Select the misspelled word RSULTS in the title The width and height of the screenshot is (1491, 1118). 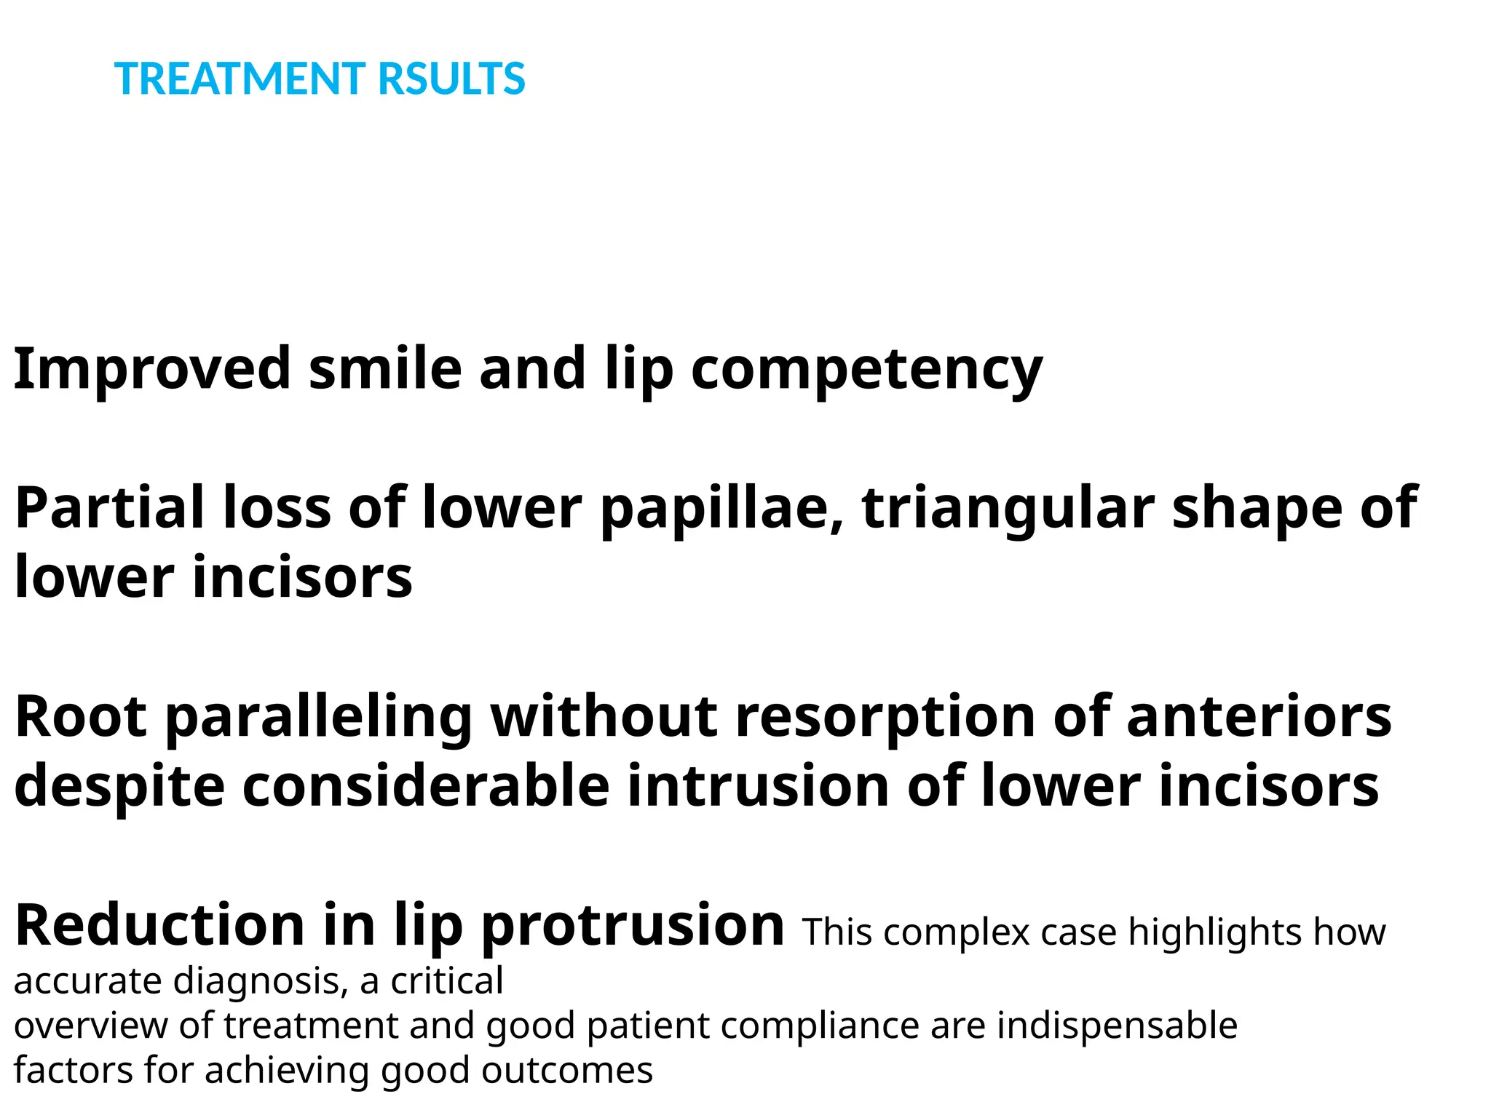pyautogui.click(x=451, y=79)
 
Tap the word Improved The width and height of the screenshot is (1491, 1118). pyautogui.click(x=152, y=368)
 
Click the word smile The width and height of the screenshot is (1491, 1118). pyautogui.click(x=385, y=368)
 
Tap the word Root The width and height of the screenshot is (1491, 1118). pyautogui.click(x=81, y=717)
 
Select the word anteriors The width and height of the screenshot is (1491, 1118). pyautogui.click(x=1259, y=717)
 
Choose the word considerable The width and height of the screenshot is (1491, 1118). pyautogui.click(x=425, y=786)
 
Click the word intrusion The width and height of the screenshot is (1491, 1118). pyautogui.click(x=758, y=786)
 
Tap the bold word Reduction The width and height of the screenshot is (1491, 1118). pyautogui.click(x=159, y=925)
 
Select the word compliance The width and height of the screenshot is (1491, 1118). pyautogui.click(x=820, y=1027)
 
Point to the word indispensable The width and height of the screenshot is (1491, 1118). pyautogui.click(x=1117, y=1027)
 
